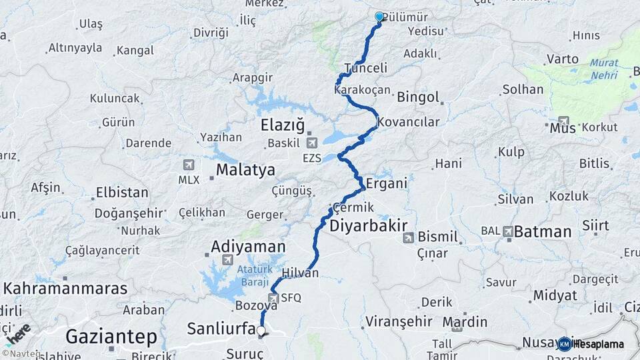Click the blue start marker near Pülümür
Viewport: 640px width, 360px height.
pos(379,17)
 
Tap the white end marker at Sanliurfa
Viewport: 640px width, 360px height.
pos(261,330)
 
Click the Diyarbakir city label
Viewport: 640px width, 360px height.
pos(368,226)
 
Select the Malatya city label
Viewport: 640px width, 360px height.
pos(245,171)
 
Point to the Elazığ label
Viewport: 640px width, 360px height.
pos(283,125)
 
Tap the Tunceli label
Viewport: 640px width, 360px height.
pos(366,68)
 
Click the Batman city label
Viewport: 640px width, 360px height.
pos(543,232)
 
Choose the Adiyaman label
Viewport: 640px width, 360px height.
pos(248,246)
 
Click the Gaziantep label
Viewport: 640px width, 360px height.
pos(111,336)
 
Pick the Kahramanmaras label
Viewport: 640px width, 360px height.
pos(65,289)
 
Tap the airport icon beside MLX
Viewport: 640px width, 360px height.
pos(189,165)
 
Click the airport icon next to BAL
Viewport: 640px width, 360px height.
pos(508,231)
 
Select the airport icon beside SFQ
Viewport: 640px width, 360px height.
pos(273,298)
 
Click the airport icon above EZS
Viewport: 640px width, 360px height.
pos(311,143)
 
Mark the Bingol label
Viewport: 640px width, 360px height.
pos(418,97)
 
